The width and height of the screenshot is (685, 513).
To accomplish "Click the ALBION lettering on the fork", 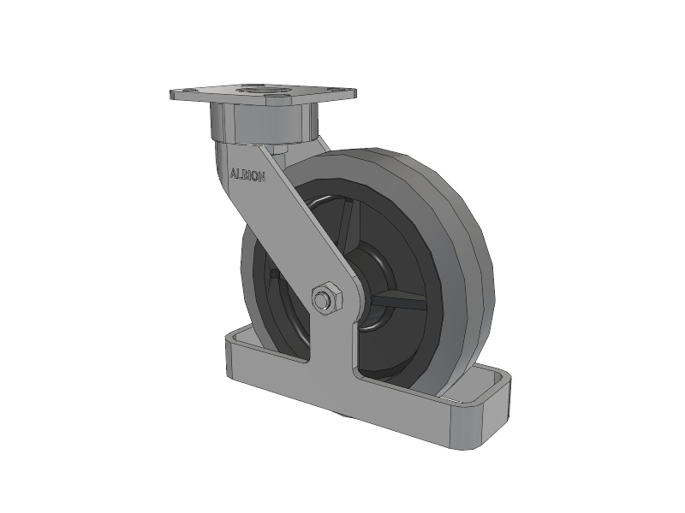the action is (247, 175).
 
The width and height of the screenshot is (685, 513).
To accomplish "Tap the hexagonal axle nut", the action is (327, 298).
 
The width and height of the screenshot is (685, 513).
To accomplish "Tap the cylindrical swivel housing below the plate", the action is (263, 121).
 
